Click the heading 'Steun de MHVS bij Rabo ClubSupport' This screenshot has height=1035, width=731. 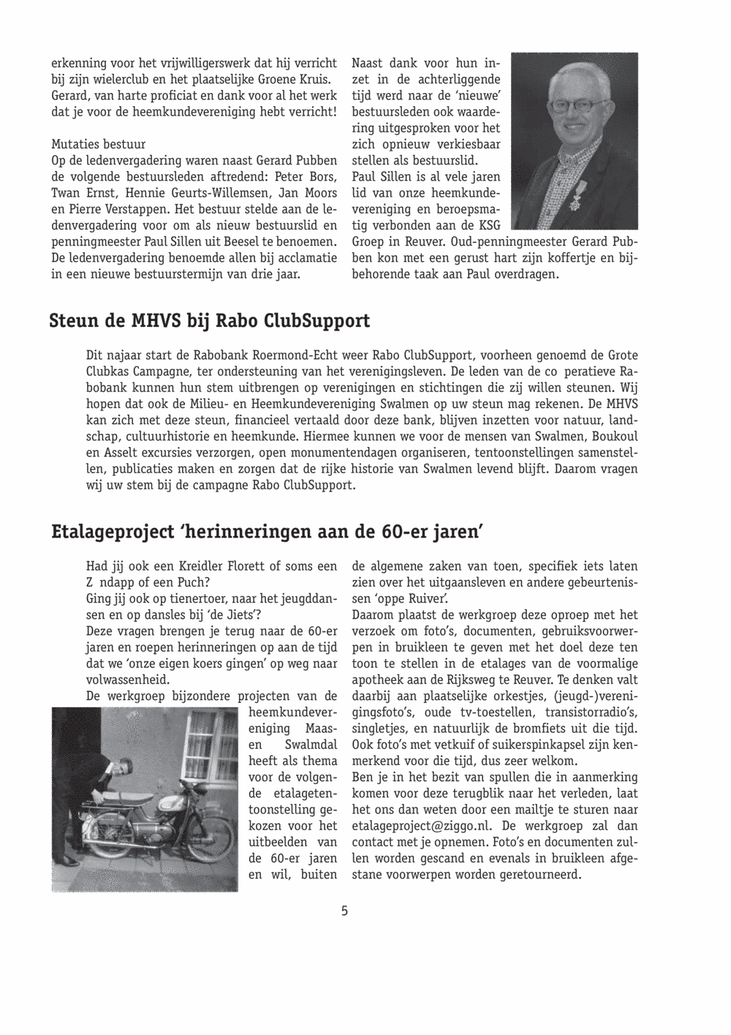210,322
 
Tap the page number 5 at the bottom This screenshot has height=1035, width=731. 344,911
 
